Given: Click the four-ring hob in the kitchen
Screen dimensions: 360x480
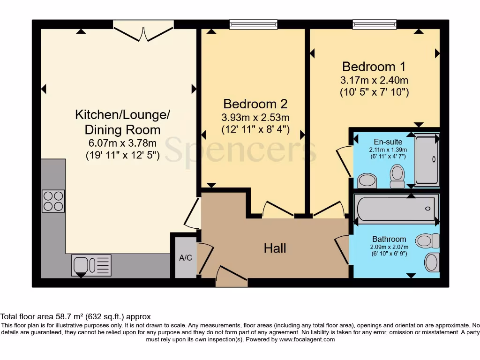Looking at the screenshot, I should pos(53,201).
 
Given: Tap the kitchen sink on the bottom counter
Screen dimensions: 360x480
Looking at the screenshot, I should pos(91,265).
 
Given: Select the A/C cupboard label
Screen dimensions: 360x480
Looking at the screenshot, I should pos(185,258).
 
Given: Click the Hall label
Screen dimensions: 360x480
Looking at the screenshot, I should pos(275,248).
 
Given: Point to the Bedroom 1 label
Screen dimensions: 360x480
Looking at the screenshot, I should pos(374,66).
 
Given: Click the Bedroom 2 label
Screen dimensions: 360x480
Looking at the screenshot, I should pos(255,104).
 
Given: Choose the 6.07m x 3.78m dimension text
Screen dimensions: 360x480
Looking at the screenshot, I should pos(122,143).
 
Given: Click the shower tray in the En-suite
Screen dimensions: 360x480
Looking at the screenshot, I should pos(427,159).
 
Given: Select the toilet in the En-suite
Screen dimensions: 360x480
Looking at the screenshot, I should pos(397,175).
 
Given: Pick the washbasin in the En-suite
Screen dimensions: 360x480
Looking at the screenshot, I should pos(367,180).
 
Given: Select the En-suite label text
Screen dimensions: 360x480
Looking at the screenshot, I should pos(388,142).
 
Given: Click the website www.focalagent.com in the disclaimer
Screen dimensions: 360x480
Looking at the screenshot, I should pos(307,339).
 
